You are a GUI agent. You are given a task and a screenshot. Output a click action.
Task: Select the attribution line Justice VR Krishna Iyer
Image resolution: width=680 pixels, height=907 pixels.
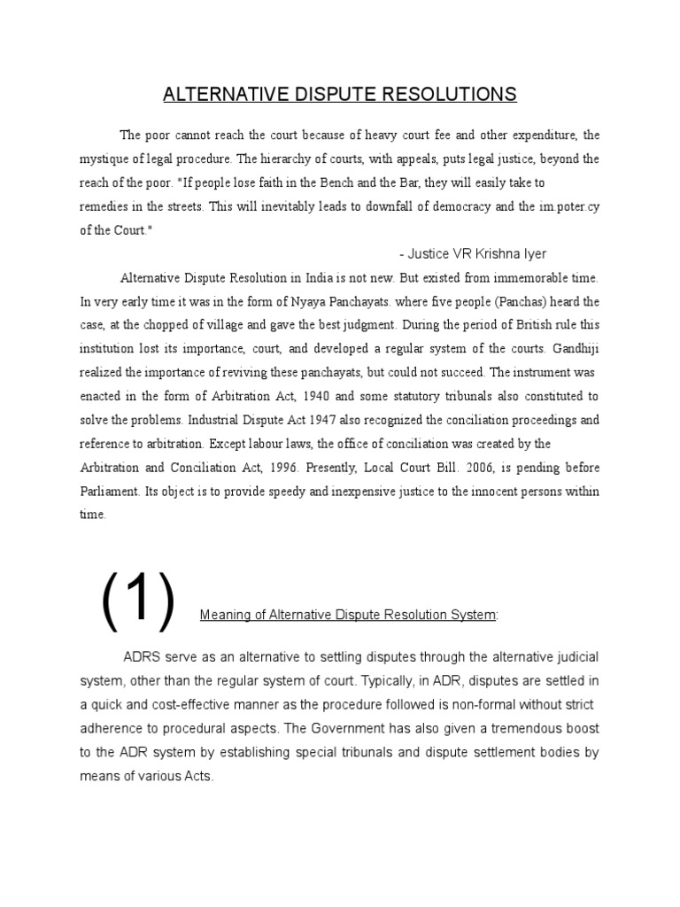473,253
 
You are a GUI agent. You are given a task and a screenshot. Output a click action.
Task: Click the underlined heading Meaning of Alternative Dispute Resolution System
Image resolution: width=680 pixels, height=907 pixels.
349,615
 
